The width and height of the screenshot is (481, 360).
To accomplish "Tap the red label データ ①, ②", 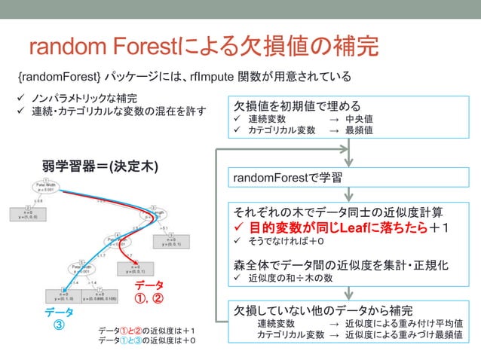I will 148,291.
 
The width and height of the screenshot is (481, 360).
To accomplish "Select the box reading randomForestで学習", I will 288,178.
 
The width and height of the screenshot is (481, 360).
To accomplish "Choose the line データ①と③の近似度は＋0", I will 147,341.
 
